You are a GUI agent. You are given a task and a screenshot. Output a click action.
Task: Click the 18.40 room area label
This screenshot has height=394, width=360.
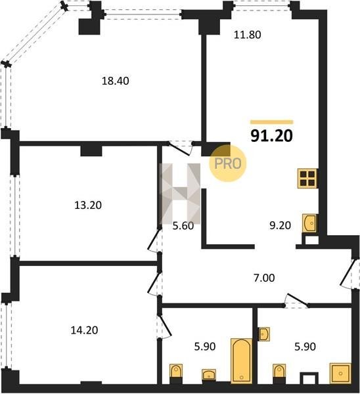pyautogui.click(x=116, y=81)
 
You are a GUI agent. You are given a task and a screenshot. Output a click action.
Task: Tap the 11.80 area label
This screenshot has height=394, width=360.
pyautogui.click(x=248, y=35)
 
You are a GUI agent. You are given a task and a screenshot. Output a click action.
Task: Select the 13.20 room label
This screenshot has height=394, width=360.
pyautogui.click(x=88, y=206)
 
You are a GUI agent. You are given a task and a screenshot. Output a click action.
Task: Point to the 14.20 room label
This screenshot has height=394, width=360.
pyautogui.click(x=84, y=330)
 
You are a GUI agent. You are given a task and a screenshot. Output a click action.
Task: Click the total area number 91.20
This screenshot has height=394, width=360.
pyautogui.click(x=272, y=136)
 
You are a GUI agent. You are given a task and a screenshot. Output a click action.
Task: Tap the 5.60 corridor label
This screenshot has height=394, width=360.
pyautogui.click(x=183, y=226)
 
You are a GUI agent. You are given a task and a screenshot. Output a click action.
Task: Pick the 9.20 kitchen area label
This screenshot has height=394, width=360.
pyautogui.click(x=280, y=225)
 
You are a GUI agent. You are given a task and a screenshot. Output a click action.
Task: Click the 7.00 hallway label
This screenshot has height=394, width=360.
pyautogui.click(x=264, y=278)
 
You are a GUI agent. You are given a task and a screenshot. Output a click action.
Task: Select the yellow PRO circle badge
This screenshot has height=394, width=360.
pyautogui.click(x=228, y=164)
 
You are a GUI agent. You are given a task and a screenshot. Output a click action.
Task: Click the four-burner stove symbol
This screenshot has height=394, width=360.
pyautogui.click(x=307, y=179)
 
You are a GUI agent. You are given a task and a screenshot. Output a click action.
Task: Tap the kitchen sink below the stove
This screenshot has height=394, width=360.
pyautogui.click(x=310, y=223)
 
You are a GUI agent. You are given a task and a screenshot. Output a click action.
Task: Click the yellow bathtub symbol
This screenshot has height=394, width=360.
pyautogui.click(x=241, y=361)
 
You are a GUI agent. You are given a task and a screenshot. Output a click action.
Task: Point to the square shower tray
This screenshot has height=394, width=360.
pyautogui.click(x=340, y=373)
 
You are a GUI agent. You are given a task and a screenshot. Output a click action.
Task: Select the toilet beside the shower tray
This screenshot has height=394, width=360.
pyautogui.click(x=279, y=374)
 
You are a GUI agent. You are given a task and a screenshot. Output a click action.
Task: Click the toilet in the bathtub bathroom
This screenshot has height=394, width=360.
pyautogui.click(x=176, y=374)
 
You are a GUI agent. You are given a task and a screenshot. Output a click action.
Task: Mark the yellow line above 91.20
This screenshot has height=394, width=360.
pyautogui.click(x=272, y=122)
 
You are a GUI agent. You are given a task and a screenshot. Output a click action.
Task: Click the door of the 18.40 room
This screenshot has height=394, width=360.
pyautogui.click(x=180, y=148)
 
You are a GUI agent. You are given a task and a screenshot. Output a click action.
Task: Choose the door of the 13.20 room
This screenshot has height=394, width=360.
pyautogui.click(x=154, y=240)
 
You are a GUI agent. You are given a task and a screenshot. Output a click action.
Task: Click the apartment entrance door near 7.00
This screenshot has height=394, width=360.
pyautogui.click(x=348, y=273)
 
